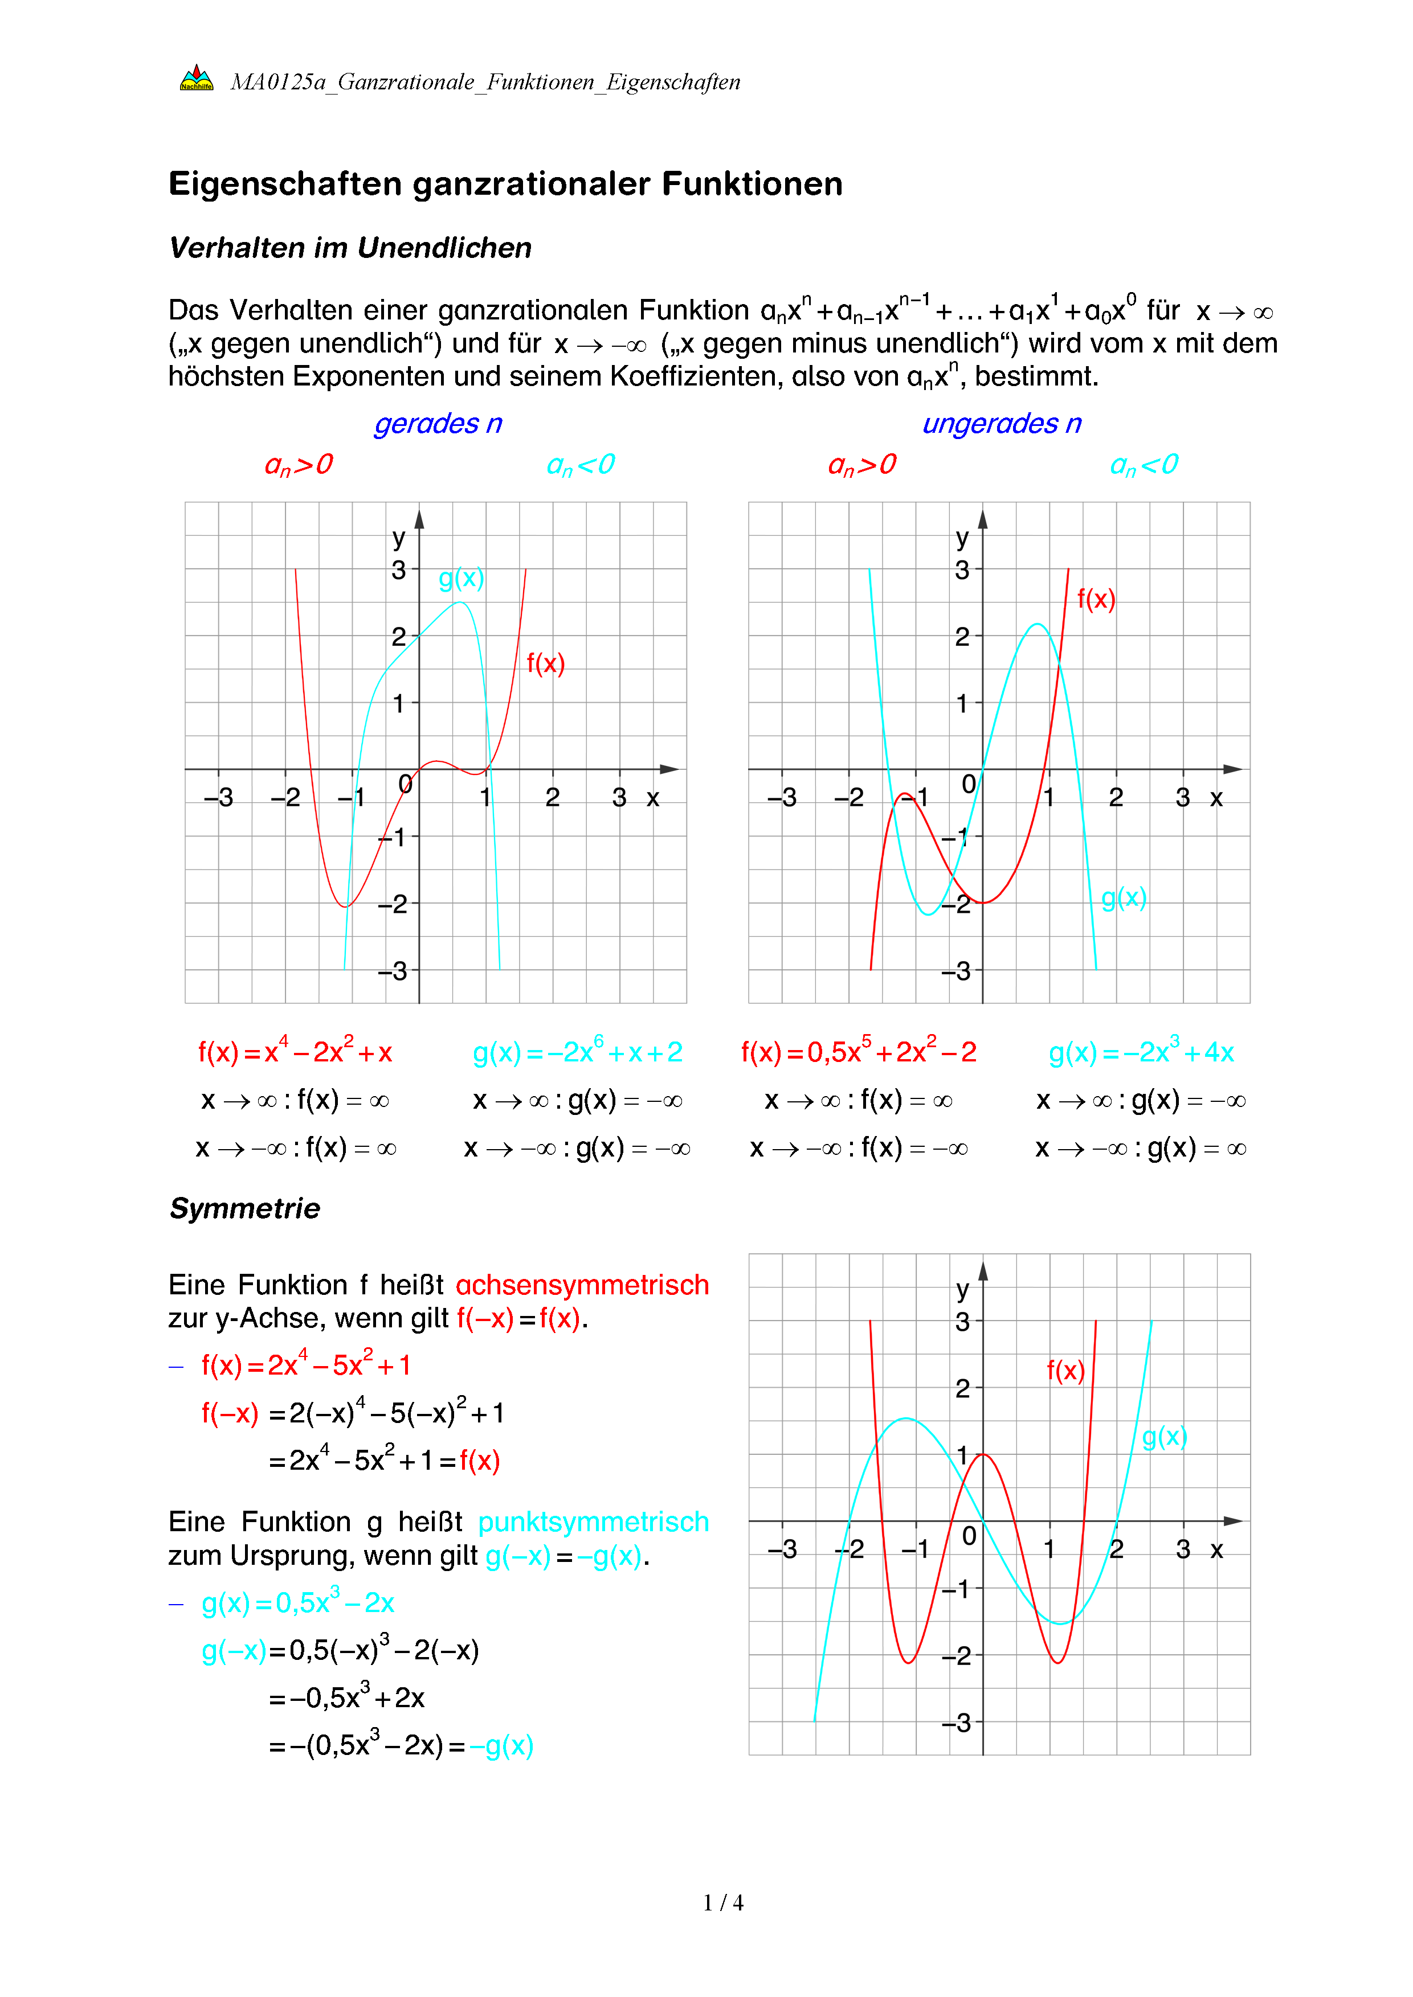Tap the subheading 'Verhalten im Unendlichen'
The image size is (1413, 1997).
tap(350, 248)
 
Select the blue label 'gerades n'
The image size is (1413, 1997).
tap(438, 424)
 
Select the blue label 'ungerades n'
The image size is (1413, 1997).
tap(1002, 424)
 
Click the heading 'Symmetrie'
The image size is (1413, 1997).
tap(244, 1208)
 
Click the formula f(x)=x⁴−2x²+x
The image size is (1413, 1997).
tap(295, 1052)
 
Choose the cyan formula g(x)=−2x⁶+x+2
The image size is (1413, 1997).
tap(577, 1052)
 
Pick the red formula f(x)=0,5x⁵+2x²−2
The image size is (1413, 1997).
tap(859, 1052)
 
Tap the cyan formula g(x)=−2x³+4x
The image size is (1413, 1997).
tap(1141, 1052)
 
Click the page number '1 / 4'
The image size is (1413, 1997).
tap(723, 1903)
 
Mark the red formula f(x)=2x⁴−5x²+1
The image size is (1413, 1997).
tap(305, 1365)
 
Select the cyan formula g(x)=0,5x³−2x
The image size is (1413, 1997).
tap(297, 1602)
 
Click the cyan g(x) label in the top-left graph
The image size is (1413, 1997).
tap(461, 579)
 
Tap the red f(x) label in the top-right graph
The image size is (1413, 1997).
tap(1096, 598)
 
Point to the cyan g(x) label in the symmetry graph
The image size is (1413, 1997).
tap(1164, 1436)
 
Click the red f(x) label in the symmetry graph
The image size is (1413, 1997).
tap(1065, 1371)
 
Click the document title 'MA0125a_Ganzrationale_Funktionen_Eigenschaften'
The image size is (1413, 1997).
tap(485, 82)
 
